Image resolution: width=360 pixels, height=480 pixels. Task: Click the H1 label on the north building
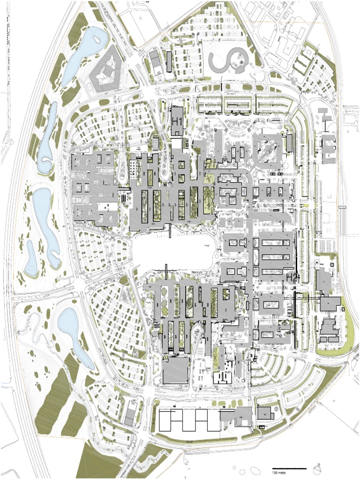tap(177, 121)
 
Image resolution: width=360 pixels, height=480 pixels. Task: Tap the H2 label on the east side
tap(292, 277)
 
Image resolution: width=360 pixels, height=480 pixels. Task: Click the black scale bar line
tap(289, 468)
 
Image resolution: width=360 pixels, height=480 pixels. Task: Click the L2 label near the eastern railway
tap(330, 196)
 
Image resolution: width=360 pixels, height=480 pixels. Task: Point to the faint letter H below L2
tap(329, 230)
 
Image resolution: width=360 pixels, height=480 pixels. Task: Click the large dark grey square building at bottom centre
tap(175, 370)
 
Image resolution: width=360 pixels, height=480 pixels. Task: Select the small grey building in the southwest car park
tap(129, 414)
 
